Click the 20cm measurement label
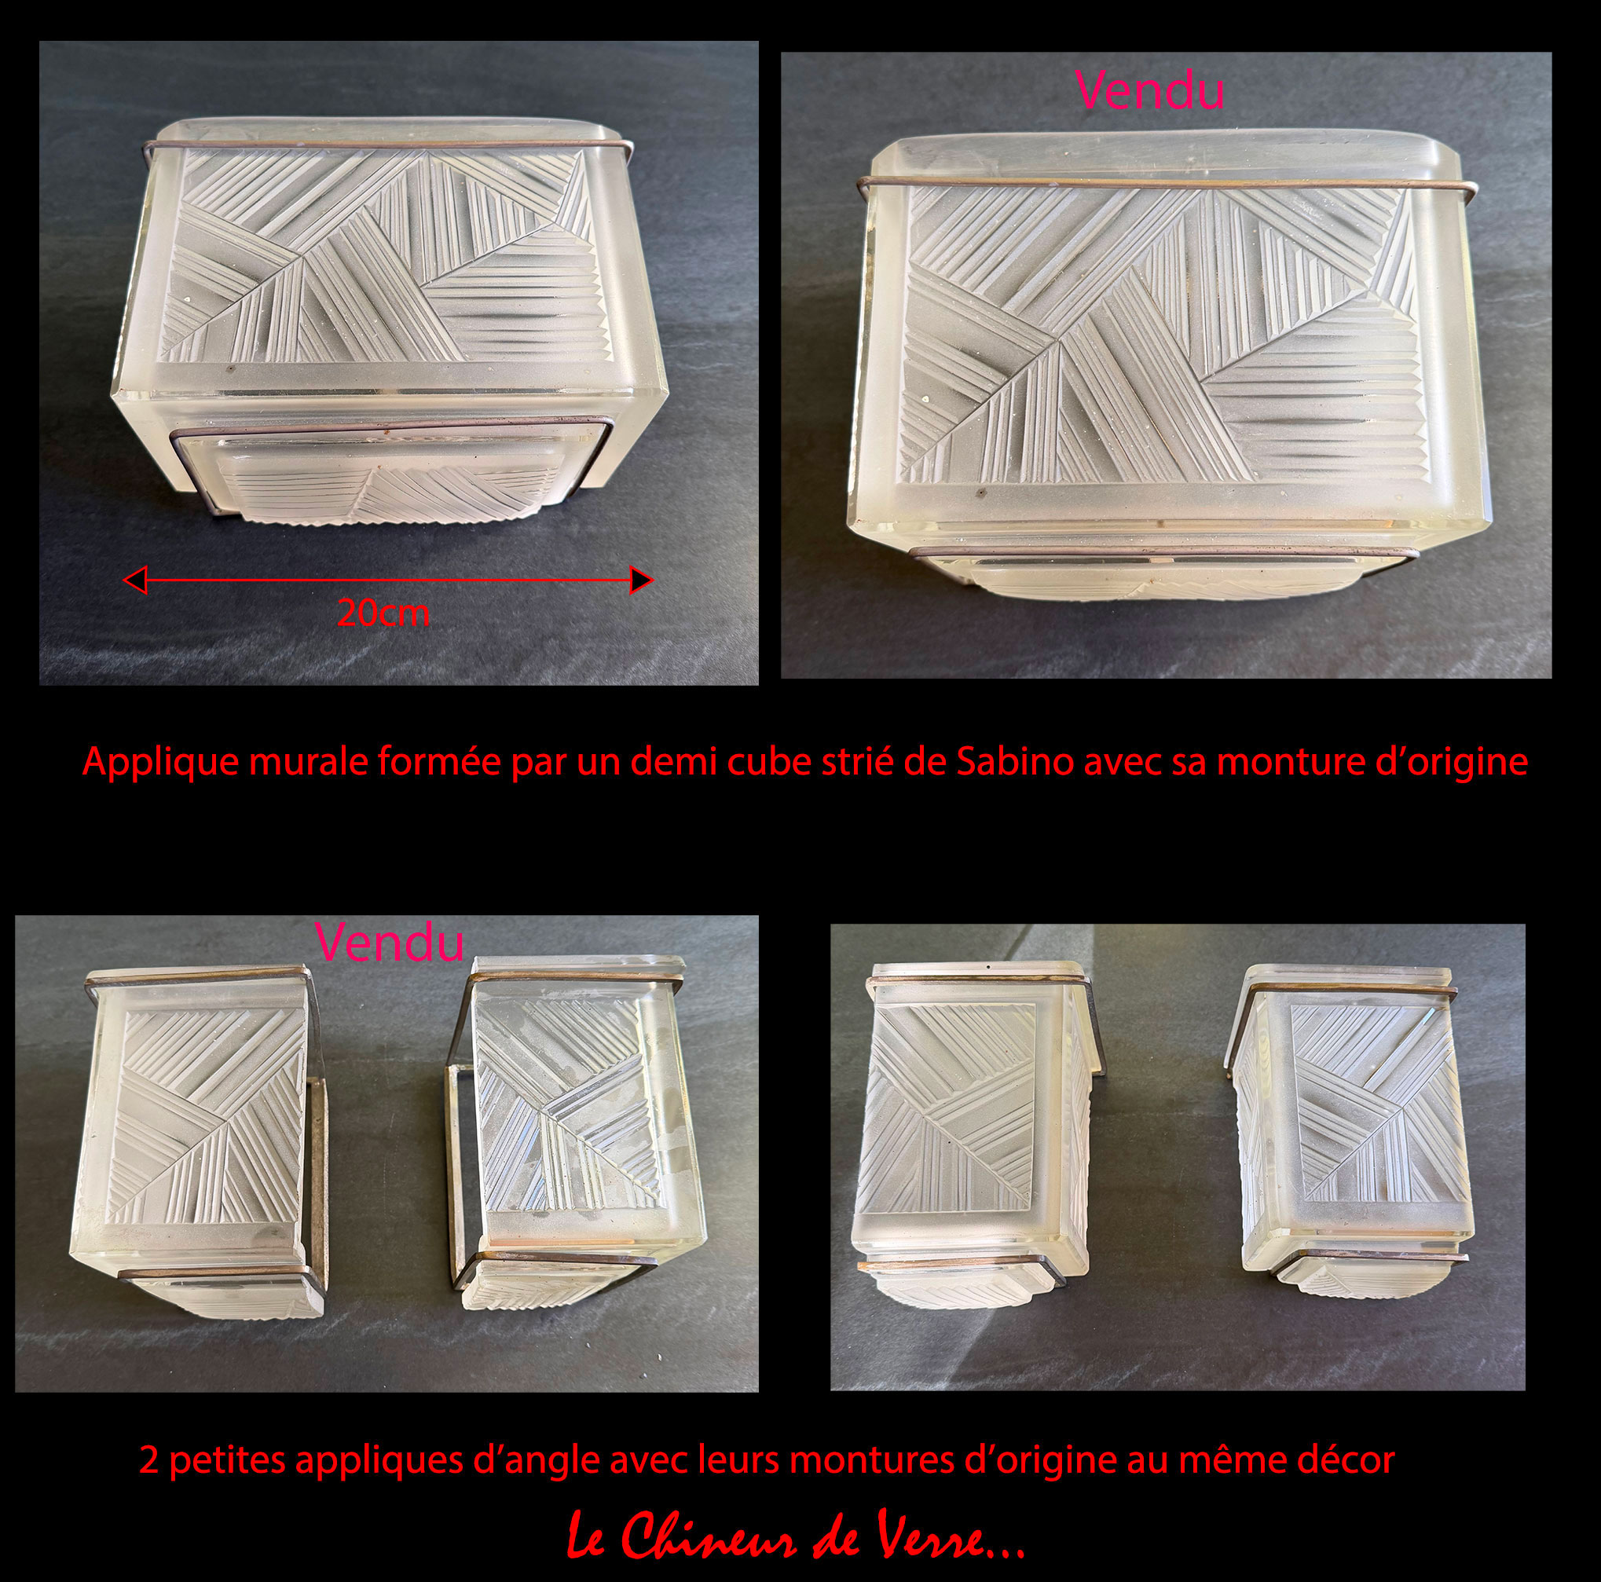[383, 613]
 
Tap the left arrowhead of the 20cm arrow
[134, 579]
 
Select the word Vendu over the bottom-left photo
[389, 943]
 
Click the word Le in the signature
[588, 1537]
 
